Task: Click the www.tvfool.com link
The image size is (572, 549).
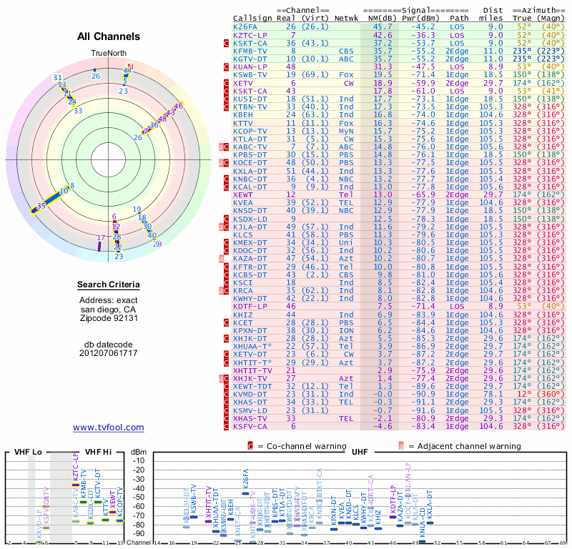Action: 109,427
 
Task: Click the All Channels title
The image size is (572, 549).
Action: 109,36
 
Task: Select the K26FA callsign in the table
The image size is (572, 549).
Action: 247,26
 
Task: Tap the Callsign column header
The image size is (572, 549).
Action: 253,18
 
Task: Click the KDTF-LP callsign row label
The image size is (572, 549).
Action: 250,306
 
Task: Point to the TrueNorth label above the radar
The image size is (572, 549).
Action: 109,54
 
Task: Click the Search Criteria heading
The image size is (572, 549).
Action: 109,285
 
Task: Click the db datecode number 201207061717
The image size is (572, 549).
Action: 109,353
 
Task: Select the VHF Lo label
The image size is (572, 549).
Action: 26,452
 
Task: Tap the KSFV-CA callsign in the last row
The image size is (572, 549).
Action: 250,426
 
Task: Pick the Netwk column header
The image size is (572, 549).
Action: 347,18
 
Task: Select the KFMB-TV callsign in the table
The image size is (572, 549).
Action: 250,51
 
